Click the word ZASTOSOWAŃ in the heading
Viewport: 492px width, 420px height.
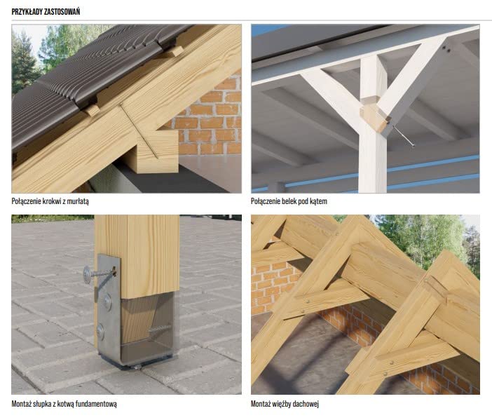62,12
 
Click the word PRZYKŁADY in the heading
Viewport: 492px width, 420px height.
27,12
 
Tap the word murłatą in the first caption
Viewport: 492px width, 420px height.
78,201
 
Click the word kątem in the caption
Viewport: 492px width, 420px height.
318,201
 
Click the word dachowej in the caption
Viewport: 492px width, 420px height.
306,404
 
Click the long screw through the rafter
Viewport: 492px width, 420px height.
139,132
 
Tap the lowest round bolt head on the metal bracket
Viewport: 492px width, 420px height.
101,330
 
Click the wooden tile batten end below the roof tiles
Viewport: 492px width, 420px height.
93,110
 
